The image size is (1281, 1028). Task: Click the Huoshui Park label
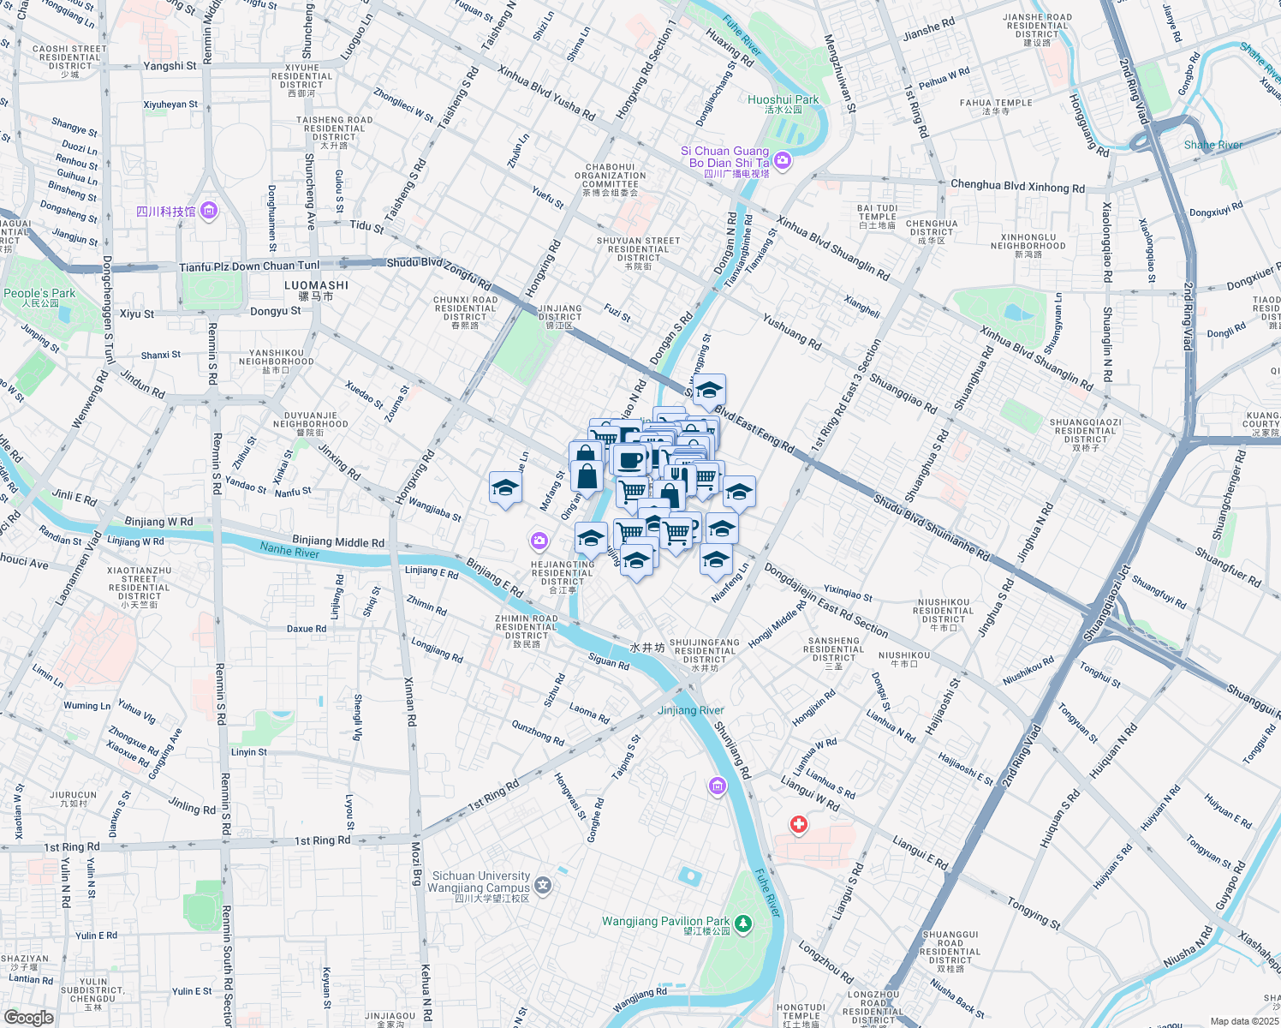(783, 100)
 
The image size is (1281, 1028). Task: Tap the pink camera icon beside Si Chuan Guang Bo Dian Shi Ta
(782, 160)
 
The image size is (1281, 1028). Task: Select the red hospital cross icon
(798, 824)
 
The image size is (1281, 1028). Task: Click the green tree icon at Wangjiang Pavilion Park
(743, 923)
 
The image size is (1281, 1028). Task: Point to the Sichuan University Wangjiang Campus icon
(543, 884)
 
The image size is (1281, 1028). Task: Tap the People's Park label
(39, 294)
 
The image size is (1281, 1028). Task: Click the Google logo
(28, 1017)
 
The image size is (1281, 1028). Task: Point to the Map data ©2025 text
(1244, 1021)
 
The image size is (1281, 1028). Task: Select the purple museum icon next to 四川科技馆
(209, 211)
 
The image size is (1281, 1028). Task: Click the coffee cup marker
(630, 460)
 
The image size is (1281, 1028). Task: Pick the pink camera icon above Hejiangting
(539, 540)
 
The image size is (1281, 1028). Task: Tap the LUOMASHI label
(316, 285)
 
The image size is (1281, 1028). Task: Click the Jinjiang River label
(690, 710)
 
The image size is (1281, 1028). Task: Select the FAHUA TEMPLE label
(996, 103)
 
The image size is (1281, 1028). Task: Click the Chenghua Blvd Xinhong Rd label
(1017, 186)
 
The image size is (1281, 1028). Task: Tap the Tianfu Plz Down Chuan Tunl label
(249, 266)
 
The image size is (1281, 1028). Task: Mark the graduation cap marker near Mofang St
(505, 488)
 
